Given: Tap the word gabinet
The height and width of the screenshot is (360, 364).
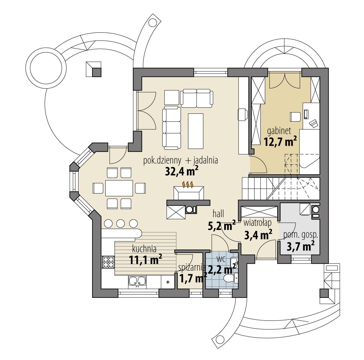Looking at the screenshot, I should coord(279,131).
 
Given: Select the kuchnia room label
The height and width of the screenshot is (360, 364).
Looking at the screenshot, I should coord(144,249).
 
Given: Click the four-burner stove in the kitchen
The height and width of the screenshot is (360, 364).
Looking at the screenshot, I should coord(108,262).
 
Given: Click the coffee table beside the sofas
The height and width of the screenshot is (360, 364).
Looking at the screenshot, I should coord(196,131).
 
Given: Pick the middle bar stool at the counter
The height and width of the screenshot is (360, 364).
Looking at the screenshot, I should coord(121,223).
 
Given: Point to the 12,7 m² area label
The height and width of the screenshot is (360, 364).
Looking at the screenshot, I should coord(280,141).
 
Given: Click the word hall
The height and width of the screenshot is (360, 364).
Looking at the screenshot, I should coord(218,213).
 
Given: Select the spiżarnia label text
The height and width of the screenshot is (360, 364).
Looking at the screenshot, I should coord(192,267).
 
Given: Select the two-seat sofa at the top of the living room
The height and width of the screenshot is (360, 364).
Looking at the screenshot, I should coord(197,98).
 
